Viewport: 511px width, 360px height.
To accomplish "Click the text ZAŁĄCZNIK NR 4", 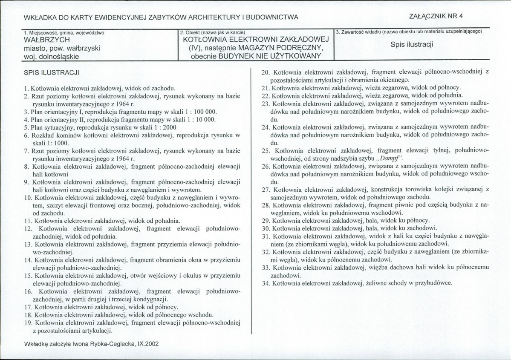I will click(436, 16).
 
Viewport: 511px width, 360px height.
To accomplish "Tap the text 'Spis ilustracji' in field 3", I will click(412, 44).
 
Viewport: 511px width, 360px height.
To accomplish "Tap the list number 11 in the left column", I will click(28, 221).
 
